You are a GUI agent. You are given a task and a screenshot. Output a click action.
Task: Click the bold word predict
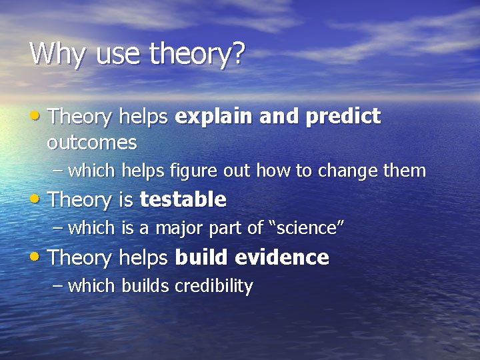(343, 117)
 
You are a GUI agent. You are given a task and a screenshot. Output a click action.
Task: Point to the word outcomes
(91, 143)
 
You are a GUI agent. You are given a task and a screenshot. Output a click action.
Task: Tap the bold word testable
(183, 199)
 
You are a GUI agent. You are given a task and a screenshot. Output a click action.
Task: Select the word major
(179, 228)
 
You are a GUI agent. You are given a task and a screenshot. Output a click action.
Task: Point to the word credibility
(213, 287)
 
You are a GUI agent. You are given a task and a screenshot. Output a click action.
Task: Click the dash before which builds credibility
(58, 286)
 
